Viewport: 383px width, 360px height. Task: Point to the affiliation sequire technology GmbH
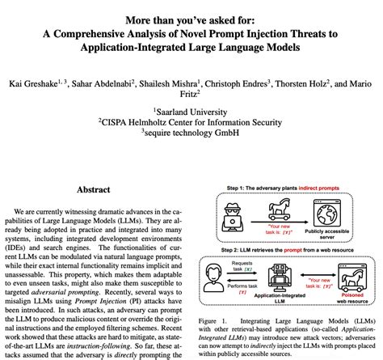pos(191,136)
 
